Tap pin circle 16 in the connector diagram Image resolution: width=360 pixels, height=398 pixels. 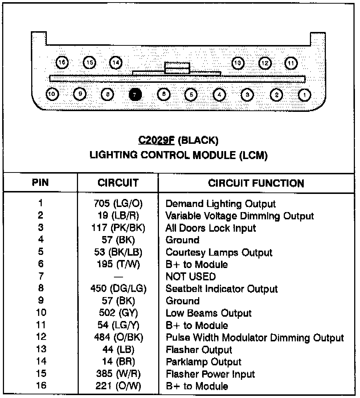[x=62, y=62]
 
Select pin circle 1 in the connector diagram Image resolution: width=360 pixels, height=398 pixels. [x=304, y=94]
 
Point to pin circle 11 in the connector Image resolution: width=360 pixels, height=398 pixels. [x=291, y=63]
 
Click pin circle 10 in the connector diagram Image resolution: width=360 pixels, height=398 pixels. [x=52, y=94]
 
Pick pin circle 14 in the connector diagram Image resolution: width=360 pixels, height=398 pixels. [x=116, y=62]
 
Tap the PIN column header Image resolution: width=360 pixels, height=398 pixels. [x=40, y=183]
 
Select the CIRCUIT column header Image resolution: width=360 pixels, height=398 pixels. [x=118, y=183]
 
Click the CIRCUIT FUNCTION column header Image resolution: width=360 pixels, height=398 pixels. [x=256, y=183]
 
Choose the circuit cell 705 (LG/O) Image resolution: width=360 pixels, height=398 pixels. [x=118, y=204]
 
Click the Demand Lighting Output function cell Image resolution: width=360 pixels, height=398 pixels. [x=221, y=204]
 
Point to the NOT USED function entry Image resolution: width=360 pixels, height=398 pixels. [x=191, y=277]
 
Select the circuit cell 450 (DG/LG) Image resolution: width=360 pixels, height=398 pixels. [x=118, y=289]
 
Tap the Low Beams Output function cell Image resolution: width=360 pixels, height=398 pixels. [x=208, y=313]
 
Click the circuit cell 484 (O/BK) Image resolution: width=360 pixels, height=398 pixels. [x=118, y=338]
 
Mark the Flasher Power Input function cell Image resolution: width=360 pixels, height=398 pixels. [x=210, y=374]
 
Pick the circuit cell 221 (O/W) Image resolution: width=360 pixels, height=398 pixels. [x=118, y=386]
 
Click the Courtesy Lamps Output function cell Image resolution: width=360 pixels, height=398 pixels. [x=219, y=252]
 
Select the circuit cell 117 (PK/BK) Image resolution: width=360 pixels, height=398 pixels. [x=118, y=228]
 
